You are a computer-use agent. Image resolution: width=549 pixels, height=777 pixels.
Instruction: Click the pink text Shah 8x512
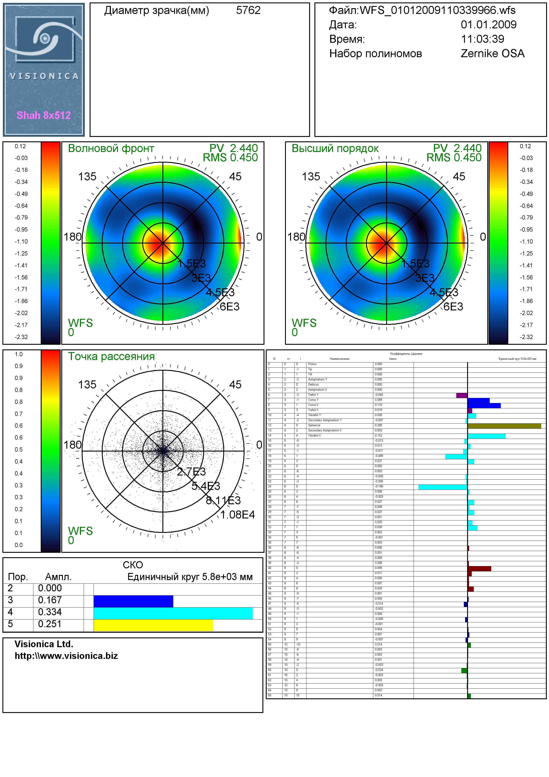44,115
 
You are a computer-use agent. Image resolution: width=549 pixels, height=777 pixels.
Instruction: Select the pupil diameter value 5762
248,10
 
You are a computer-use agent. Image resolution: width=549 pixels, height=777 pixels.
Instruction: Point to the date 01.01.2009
489,25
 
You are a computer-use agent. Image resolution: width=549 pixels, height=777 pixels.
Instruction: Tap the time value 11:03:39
482,39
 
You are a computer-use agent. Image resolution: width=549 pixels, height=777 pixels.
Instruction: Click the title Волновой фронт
111,149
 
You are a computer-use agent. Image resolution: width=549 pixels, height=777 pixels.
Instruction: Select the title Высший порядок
335,149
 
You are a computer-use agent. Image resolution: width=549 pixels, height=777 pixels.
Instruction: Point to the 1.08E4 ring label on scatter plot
238,515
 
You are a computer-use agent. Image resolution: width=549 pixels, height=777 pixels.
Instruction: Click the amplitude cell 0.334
50,612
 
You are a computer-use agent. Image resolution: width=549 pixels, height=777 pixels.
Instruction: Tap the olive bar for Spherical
504,426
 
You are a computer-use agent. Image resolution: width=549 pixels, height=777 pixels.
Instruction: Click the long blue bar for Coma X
484,405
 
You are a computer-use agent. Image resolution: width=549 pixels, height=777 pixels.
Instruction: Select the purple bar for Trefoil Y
462,395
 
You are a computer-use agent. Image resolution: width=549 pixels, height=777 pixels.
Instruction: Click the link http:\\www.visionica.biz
66,656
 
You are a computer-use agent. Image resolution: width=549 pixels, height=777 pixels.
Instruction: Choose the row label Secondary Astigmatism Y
325,420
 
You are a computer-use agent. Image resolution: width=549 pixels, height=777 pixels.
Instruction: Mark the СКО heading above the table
133,565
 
